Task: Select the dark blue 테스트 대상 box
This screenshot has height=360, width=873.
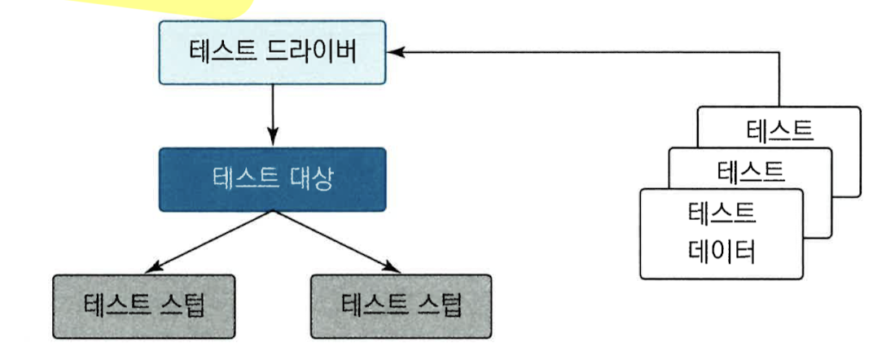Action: click(270, 179)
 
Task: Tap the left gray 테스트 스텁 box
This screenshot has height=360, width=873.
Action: click(143, 305)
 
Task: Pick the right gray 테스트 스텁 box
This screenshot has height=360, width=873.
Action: click(401, 305)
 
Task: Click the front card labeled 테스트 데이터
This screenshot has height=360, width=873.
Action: click(721, 234)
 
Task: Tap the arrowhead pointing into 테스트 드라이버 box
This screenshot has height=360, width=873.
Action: click(396, 52)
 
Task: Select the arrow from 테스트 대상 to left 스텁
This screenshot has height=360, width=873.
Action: click(212, 241)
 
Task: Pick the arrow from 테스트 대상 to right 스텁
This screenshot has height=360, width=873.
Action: click(334, 241)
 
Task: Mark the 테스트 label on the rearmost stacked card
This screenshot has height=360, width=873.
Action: click(779, 130)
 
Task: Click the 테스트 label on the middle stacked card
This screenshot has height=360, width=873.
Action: click(750, 171)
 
